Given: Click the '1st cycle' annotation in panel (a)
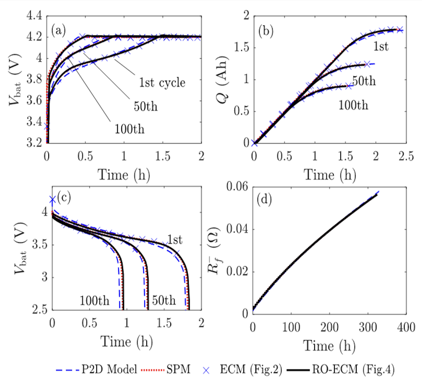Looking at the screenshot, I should tap(162, 83).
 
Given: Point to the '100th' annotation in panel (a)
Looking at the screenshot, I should tap(129, 129).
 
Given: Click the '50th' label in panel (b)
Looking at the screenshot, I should tap(364, 81).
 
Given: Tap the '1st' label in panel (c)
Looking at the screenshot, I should tap(175, 239).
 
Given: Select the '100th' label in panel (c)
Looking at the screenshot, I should tap(94, 300).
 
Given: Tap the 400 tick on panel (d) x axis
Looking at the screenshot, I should tap(405, 327).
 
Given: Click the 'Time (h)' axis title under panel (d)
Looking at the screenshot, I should tap(329, 346).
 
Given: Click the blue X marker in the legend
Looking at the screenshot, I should tap(206, 370).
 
